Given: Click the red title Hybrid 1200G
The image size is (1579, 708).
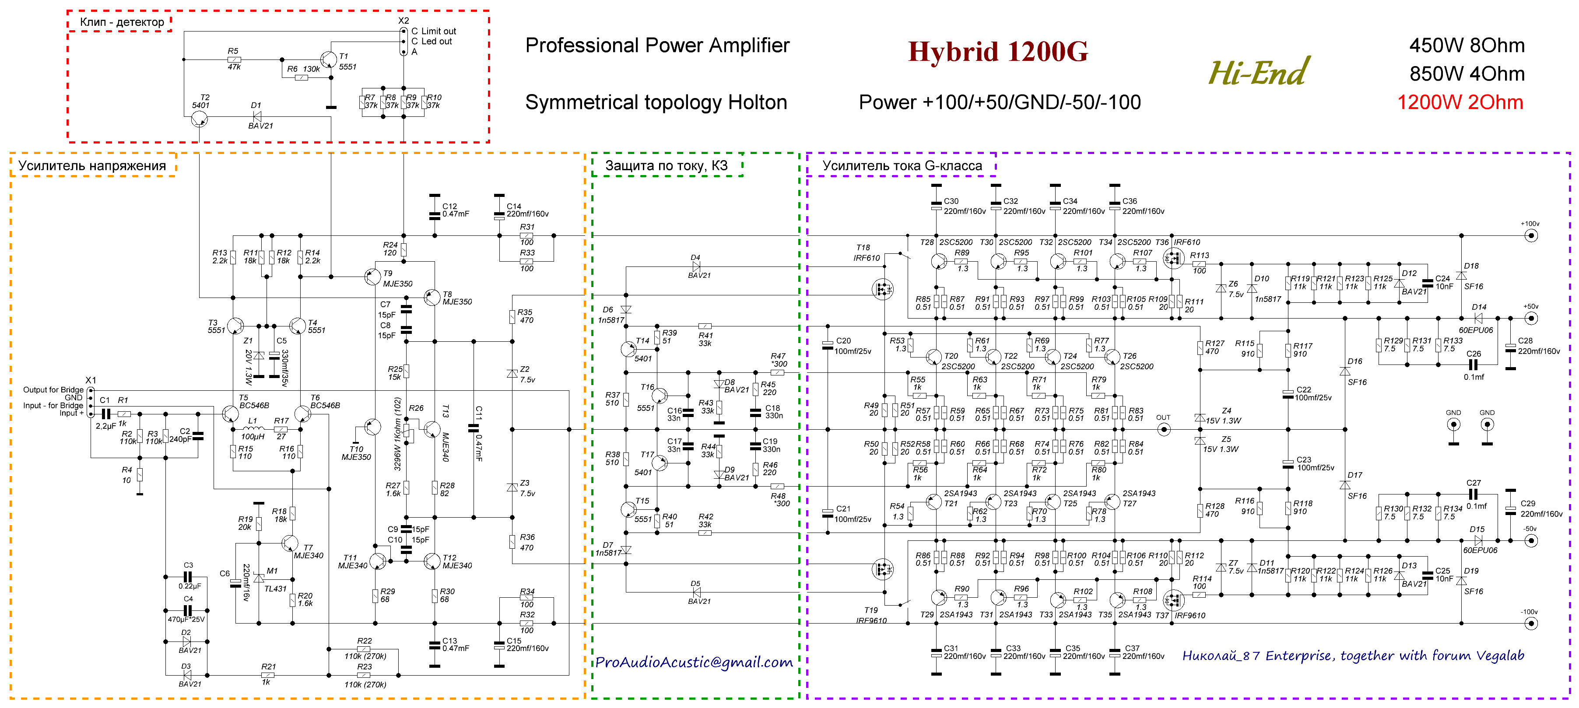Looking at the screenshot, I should click(997, 52).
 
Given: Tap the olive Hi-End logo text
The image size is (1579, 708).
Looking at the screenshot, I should click(1258, 72).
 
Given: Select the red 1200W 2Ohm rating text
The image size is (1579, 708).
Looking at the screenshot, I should click(1460, 102).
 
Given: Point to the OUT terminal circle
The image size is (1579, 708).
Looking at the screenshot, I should click(1163, 429).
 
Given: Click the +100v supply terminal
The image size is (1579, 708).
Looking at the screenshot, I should click(1530, 235).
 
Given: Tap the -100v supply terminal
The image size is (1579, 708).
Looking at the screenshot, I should click(1530, 624).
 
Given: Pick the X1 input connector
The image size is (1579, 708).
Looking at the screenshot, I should click(91, 402).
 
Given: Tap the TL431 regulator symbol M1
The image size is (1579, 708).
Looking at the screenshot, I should click(259, 578).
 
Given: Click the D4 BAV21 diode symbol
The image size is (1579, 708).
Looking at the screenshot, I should click(696, 266).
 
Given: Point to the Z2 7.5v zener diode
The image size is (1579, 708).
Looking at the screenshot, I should click(512, 373).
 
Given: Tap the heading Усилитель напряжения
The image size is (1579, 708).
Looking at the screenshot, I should click(92, 165).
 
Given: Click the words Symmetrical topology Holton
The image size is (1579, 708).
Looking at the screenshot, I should click(656, 102).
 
